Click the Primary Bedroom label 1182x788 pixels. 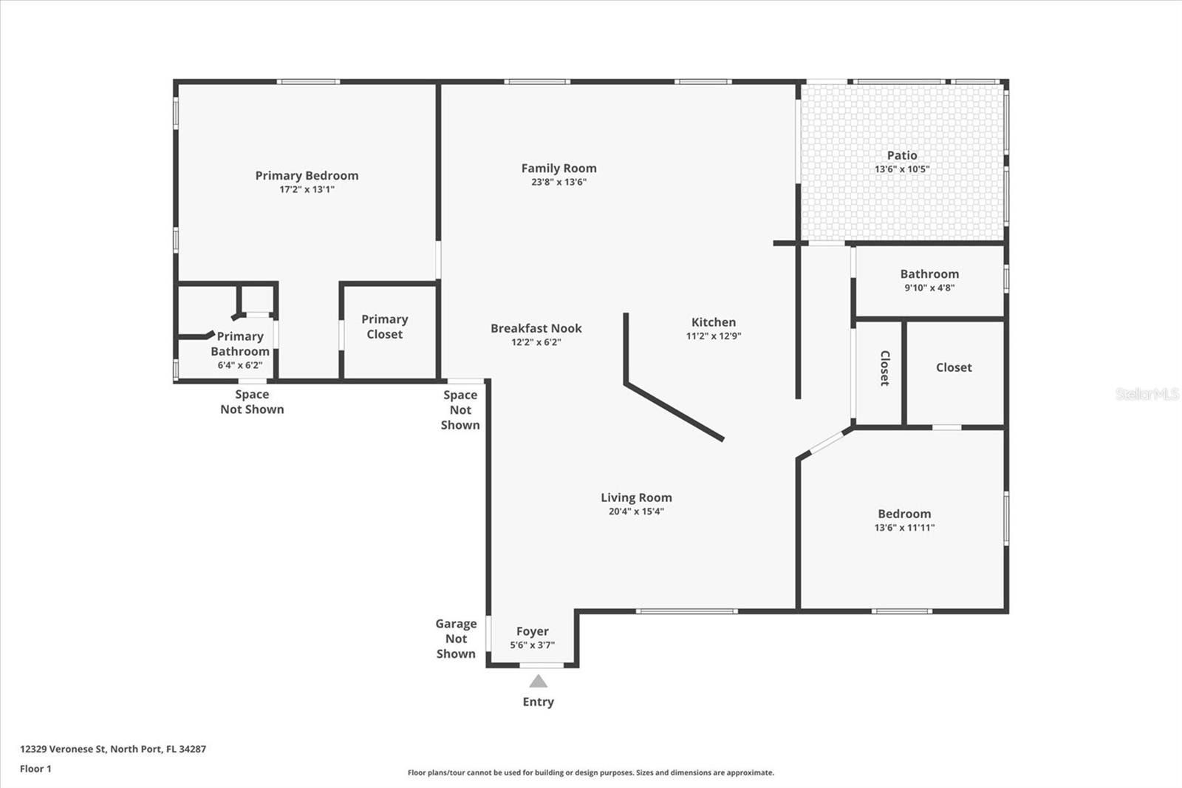(x=307, y=176)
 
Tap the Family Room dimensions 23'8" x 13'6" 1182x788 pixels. (x=558, y=182)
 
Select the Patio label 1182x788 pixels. (x=902, y=155)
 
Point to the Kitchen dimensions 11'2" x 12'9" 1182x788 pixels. (x=714, y=336)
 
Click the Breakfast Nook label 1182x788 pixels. (x=536, y=328)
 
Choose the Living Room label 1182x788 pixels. (x=636, y=497)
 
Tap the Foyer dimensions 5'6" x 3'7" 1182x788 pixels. (x=533, y=645)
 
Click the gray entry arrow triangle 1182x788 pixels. (x=539, y=682)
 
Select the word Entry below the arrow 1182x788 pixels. (x=539, y=702)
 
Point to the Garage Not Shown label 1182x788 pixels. (x=456, y=639)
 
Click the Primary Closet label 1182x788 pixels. (x=385, y=327)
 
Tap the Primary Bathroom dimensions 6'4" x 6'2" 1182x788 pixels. (x=240, y=365)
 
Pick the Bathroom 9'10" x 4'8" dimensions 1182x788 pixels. (x=930, y=288)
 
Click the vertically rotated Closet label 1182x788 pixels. (x=885, y=368)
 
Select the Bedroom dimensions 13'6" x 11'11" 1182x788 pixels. (x=904, y=528)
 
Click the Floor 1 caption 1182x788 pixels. (x=36, y=769)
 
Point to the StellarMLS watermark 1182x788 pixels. (x=1147, y=393)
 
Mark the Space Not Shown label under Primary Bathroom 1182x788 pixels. (x=252, y=402)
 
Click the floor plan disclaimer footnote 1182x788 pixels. (x=591, y=772)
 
